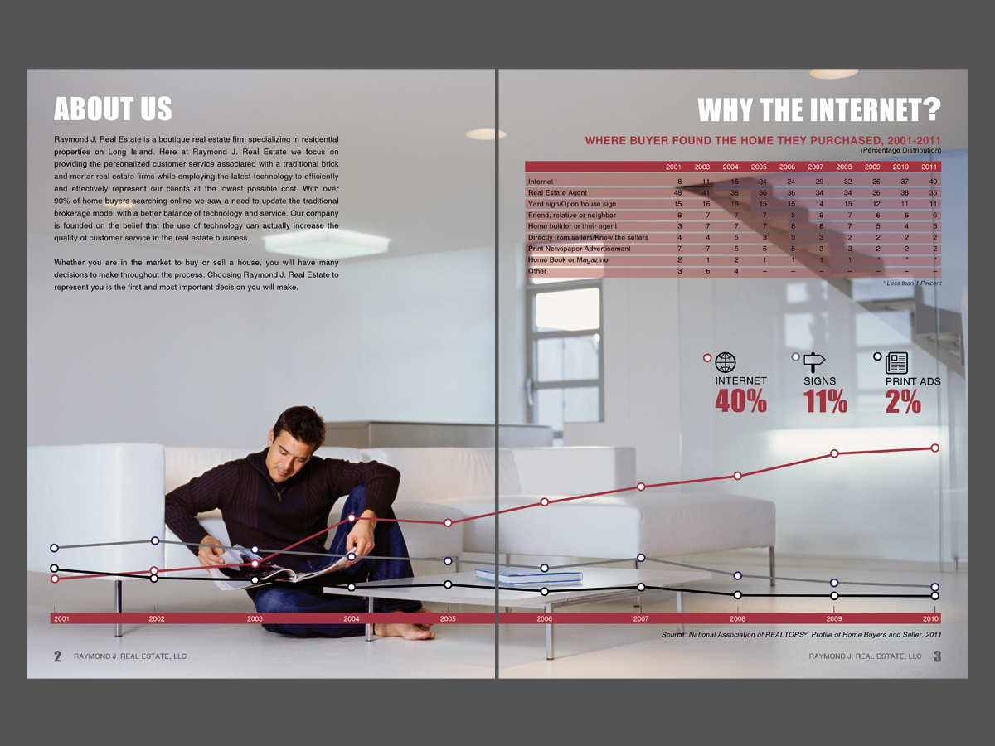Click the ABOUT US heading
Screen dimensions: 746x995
pyautogui.click(x=113, y=109)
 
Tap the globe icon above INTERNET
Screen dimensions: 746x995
pyautogui.click(x=726, y=362)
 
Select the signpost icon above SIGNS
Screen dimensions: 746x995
pyautogui.click(x=815, y=362)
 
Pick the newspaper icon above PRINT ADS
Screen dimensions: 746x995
pyautogui.click(x=896, y=362)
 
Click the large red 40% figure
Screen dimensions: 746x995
pyautogui.click(x=740, y=402)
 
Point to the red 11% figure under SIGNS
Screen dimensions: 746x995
pyautogui.click(x=825, y=402)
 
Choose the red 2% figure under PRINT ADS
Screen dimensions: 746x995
pyautogui.click(x=903, y=402)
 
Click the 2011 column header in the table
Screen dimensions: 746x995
pyautogui.click(x=929, y=167)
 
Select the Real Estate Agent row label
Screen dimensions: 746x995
pyautogui.click(x=557, y=192)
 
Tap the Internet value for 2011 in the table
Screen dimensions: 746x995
pyautogui.click(x=933, y=182)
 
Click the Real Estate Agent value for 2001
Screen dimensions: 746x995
pyautogui.click(x=677, y=192)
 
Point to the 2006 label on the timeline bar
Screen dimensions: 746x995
pyautogui.click(x=544, y=619)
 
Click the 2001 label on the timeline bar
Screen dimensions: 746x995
pyautogui.click(x=62, y=619)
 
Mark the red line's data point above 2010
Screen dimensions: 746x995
pyautogui.click(x=934, y=448)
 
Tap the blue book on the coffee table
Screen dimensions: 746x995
pyautogui.click(x=529, y=575)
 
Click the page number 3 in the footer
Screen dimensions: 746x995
pyautogui.click(x=937, y=656)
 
